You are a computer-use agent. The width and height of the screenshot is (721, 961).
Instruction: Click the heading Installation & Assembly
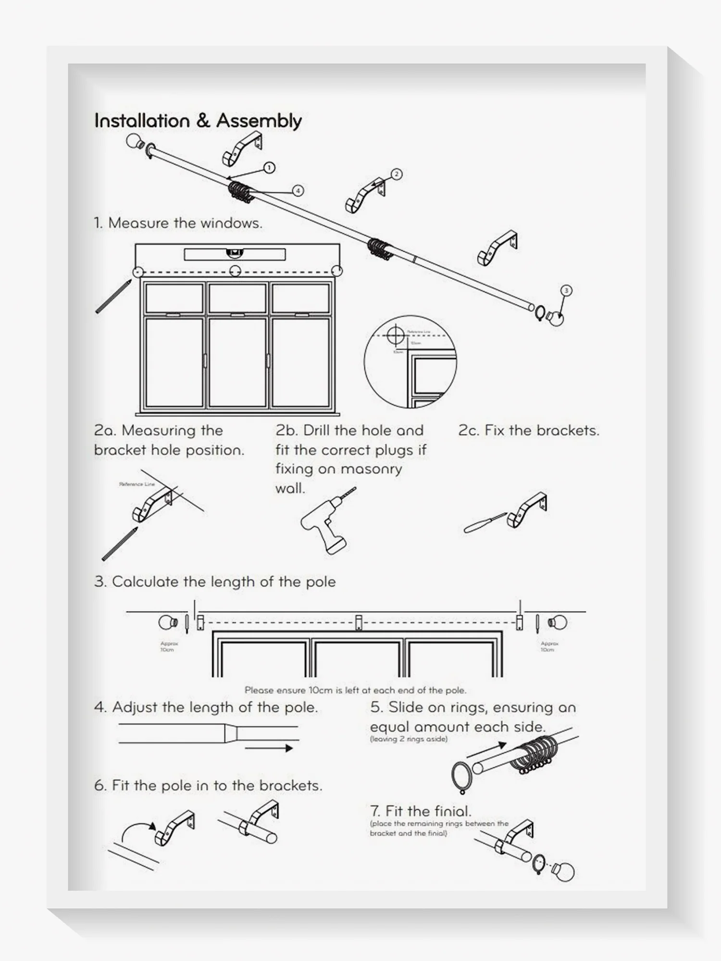click(198, 121)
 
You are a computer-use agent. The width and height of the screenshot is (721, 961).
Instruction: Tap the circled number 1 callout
click(269, 168)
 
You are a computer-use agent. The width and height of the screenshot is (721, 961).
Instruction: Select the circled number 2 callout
click(396, 174)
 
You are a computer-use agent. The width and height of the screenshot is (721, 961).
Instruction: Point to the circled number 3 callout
click(566, 290)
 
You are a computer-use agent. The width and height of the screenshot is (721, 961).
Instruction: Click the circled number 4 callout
click(298, 191)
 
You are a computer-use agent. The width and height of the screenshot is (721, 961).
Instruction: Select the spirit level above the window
click(235, 254)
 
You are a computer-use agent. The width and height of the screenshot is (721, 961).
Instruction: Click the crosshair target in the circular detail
click(396, 335)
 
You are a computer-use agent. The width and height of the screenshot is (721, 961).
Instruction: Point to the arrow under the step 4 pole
click(269, 748)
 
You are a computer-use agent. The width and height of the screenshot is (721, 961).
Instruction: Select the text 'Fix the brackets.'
click(542, 431)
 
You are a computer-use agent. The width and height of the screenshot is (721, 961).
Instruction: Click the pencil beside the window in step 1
click(113, 296)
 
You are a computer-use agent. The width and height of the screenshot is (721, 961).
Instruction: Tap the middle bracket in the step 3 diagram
click(358, 622)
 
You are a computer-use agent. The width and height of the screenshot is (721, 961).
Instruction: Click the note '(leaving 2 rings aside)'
click(409, 739)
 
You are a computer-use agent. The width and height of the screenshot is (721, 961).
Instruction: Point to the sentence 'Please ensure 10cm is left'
click(355, 690)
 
